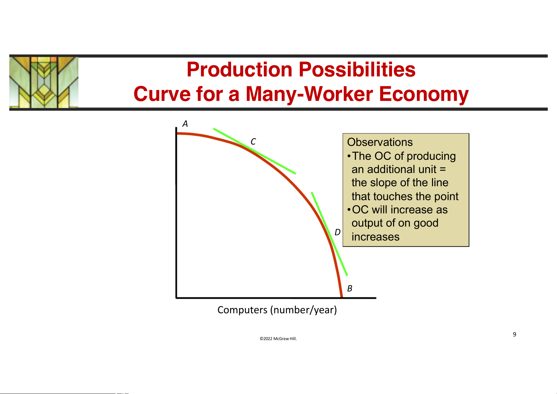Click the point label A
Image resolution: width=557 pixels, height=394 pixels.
tap(185, 124)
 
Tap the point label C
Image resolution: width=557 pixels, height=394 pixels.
tap(253, 142)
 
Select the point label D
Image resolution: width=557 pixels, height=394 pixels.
tap(338, 232)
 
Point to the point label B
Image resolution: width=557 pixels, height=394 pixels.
tap(350, 288)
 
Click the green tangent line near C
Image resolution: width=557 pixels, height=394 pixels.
tap(255, 151)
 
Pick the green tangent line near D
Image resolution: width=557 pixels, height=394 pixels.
tap(329, 234)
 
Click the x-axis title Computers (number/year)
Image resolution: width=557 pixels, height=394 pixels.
tap(277, 310)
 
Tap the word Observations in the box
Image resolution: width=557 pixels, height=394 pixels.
tap(380, 142)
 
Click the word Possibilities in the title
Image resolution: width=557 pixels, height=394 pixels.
tap(357, 69)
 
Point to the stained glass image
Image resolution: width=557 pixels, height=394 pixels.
tap(44, 82)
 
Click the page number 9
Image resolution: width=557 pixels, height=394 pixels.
tap(514, 334)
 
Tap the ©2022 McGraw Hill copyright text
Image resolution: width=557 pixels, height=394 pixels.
tap(278, 338)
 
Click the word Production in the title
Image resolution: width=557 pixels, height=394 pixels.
tap(239, 69)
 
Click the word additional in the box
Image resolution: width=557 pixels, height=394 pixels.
tap(402, 169)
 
